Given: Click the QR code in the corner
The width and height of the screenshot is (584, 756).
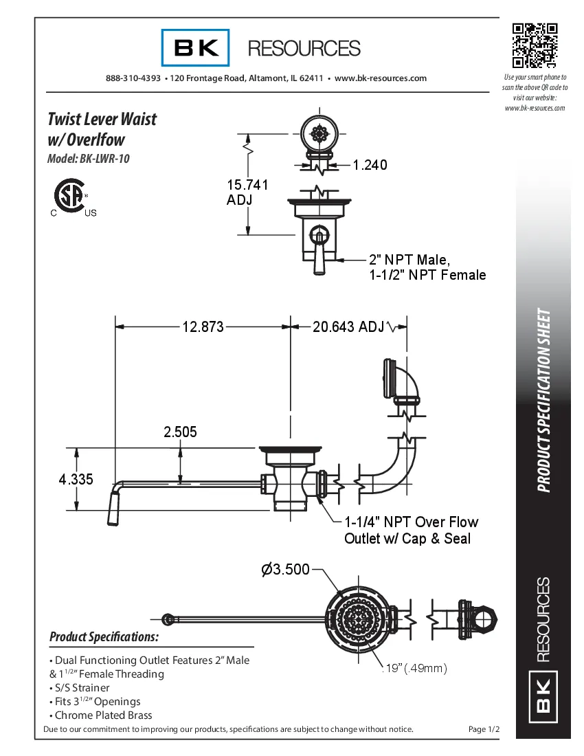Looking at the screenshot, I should (535, 46).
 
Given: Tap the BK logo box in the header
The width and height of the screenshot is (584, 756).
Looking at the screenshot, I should (196, 47).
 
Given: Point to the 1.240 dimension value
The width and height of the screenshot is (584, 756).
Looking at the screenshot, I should (370, 165).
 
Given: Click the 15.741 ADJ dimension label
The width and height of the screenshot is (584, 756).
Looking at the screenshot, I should (247, 192).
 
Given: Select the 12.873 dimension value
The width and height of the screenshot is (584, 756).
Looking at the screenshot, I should (203, 327).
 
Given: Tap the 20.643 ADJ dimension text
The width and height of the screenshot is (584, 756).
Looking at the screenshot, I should (348, 327).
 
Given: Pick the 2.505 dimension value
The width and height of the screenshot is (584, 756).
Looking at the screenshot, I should (180, 432).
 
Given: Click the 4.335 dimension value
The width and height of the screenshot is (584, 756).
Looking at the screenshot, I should (76, 480).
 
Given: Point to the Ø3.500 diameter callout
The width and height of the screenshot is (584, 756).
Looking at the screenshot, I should (285, 570).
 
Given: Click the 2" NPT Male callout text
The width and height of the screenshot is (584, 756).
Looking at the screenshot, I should (409, 260).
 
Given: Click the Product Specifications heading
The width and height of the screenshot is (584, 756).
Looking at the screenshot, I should (104, 637).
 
